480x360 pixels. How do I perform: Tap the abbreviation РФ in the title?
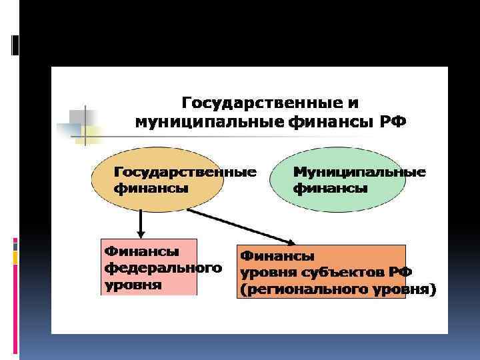tap(392, 121)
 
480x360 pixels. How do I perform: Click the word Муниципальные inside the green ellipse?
tap(359, 173)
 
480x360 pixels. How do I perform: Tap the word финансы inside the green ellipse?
tap(331, 188)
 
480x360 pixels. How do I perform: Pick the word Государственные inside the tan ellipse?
tap(185, 173)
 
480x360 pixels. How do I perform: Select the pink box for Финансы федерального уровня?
tap(148, 267)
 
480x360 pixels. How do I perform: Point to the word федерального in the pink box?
tap(163, 268)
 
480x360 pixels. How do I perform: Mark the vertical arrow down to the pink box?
tap(140, 223)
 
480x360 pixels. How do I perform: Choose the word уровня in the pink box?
tap(133, 285)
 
